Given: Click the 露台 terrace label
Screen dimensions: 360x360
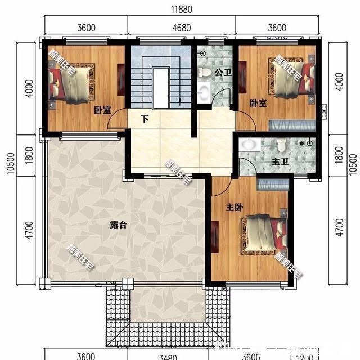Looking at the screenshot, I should pos(118,225).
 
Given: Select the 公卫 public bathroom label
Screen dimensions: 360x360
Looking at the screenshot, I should pos(221,73).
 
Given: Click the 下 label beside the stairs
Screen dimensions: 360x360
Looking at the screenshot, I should pos(145,119).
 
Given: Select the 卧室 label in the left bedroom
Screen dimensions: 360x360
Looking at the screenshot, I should pos(101,110).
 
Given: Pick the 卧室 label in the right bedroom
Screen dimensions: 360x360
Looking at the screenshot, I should pos(258,103).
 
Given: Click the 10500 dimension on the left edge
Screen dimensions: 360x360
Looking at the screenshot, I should pos(10,163).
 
